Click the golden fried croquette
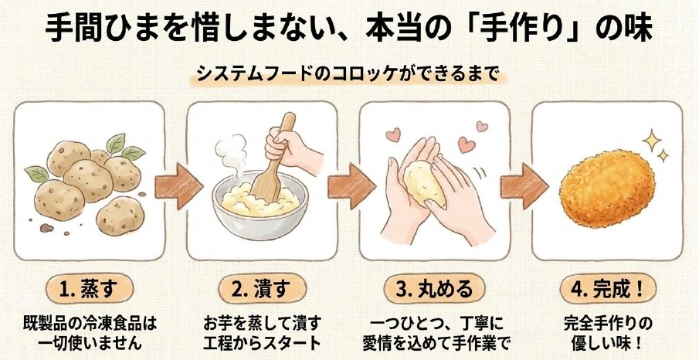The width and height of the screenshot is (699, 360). click(607, 188)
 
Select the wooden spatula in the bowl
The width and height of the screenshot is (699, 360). click(272, 161)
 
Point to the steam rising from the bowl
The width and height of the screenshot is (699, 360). click(232, 154)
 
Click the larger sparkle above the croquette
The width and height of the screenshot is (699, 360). click(652, 141)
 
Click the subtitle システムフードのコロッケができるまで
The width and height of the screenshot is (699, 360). click(348, 74)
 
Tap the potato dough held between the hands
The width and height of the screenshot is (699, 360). click(424, 184)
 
